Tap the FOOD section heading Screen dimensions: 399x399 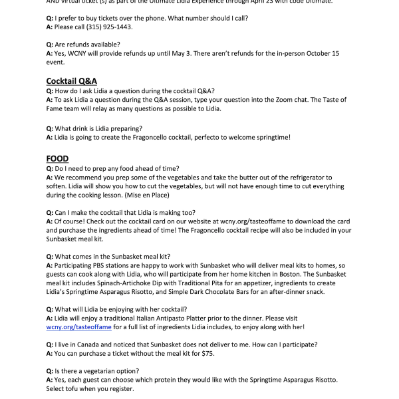(x=58, y=158)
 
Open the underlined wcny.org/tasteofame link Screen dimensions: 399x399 (x=78, y=327)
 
